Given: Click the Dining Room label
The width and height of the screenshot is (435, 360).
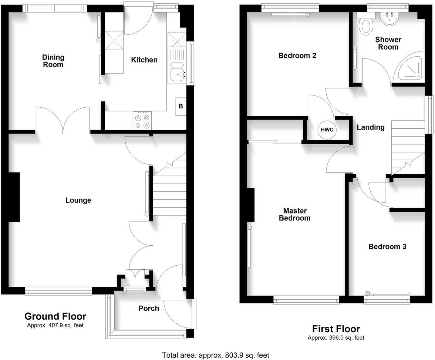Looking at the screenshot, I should [x=53, y=61].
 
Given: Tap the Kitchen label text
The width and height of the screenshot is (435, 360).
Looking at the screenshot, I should [x=144, y=60].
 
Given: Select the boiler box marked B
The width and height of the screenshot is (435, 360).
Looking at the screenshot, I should [x=181, y=107].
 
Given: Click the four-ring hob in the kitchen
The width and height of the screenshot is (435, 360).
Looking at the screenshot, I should [x=142, y=120].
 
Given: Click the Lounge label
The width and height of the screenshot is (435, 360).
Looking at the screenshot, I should [x=78, y=201].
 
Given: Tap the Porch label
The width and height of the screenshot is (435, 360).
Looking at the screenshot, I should [x=149, y=308].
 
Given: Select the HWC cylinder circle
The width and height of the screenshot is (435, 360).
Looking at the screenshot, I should [x=327, y=130].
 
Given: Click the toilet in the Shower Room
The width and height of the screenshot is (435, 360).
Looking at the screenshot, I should [x=367, y=26].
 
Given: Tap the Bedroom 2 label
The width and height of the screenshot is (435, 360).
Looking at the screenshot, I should [x=297, y=56].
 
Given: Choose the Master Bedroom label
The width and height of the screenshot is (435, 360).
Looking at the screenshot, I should [x=295, y=214].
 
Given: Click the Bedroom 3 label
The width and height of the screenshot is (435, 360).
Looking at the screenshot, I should [x=387, y=247].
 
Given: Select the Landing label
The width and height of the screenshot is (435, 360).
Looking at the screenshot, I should [x=371, y=128].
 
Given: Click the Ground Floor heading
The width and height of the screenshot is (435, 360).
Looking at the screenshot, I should [x=55, y=316].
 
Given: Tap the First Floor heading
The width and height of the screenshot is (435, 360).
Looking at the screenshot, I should [x=336, y=329].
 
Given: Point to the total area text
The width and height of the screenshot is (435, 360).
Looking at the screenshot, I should [x=216, y=355].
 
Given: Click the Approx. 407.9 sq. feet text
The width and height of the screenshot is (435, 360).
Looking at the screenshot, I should [x=55, y=326].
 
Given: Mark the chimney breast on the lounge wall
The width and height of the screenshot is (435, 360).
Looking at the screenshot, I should [x=14, y=197].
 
